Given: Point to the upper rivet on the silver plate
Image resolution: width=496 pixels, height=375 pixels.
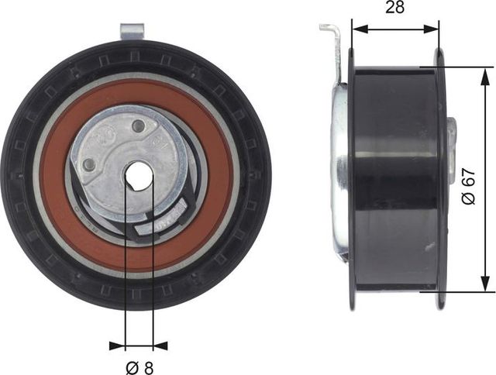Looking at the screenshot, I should click(139, 126).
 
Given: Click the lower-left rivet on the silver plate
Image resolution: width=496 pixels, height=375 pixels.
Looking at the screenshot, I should click(90, 164).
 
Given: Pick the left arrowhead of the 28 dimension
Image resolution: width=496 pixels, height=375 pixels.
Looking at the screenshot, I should click(356, 29).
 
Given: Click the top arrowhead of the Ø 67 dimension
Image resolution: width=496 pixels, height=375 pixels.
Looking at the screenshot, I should click(487, 72).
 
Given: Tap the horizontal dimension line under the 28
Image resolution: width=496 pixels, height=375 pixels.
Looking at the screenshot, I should click(394, 29).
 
